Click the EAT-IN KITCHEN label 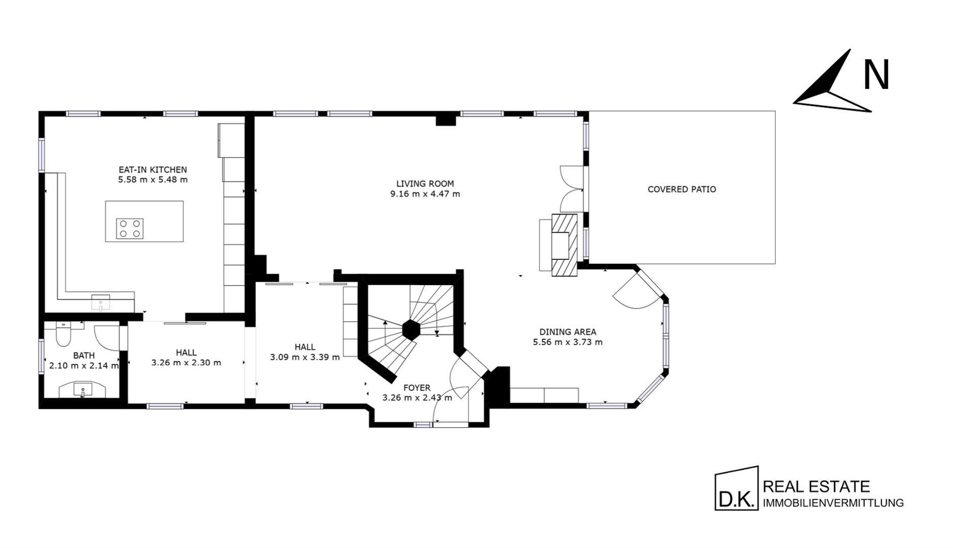coord(152,169)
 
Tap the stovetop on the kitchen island coord(130,228)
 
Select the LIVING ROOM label coord(425,184)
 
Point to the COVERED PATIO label coord(682,189)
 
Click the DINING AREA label coord(567,332)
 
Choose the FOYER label coord(417,388)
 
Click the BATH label coord(84,356)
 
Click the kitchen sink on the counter coord(101,302)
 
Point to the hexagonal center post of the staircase coord(411,329)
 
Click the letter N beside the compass coord(876,75)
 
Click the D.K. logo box coord(736,488)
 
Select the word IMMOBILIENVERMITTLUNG coord(834,503)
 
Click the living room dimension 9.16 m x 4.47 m coord(425,194)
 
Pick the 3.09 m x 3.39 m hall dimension coord(305,357)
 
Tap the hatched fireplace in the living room coord(564,245)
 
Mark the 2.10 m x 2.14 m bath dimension coord(84,365)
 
